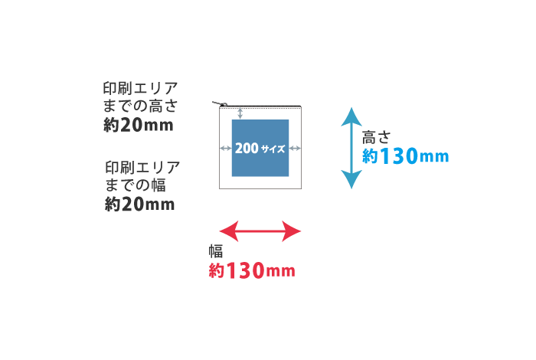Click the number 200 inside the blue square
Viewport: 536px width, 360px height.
point(246,148)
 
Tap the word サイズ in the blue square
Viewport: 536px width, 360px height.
point(273,149)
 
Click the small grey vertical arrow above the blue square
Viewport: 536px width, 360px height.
point(240,113)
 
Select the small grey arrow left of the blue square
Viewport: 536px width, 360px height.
point(226,148)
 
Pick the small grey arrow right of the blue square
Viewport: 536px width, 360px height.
point(295,148)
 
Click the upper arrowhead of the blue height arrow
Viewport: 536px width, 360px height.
point(351,116)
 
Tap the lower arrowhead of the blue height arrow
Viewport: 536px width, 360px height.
point(351,180)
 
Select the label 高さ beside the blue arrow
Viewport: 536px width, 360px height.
point(376,138)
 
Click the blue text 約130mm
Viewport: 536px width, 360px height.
point(405,157)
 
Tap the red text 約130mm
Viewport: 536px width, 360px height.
point(252,270)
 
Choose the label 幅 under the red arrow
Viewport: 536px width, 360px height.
point(215,250)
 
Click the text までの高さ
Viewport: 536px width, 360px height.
point(140,106)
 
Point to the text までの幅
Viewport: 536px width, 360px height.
point(135,185)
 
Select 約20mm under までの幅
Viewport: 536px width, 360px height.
point(139,205)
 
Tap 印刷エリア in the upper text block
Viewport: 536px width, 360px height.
point(140,87)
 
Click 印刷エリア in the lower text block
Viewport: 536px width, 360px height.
point(142,167)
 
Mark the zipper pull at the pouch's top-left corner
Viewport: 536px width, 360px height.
point(224,104)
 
